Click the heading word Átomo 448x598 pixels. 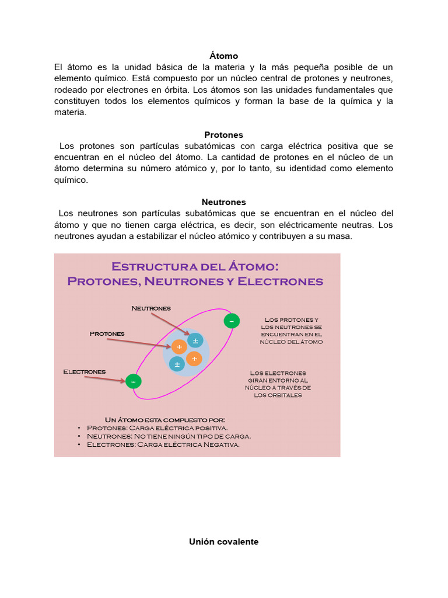(x=224, y=56)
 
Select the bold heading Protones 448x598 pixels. (x=223, y=135)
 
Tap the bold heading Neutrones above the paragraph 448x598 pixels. (x=223, y=202)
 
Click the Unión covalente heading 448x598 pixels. (x=223, y=542)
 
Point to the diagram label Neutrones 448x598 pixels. (x=151, y=308)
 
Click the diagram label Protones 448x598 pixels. (x=107, y=333)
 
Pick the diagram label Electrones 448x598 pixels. (x=84, y=371)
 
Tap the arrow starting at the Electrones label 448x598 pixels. (x=105, y=378)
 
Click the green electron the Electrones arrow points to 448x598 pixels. (x=133, y=381)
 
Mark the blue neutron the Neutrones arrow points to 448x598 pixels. (x=195, y=340)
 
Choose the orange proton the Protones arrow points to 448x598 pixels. (x=179, y=347)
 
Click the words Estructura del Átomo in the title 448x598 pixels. (x=195, y=267)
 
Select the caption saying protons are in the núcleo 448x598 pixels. (x=291, y=331)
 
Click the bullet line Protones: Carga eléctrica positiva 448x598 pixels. (x=157, y=428)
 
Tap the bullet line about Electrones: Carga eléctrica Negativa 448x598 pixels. (x=163, y=444)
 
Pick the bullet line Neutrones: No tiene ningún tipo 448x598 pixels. (x=169, y=436)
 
